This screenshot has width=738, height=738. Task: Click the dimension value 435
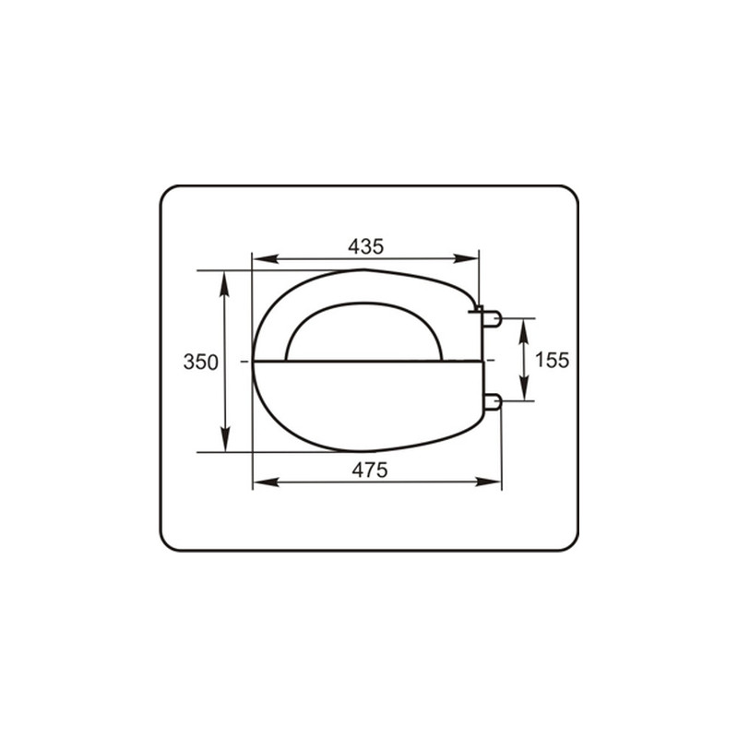point(365,246)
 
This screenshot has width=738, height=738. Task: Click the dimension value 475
point(370,470)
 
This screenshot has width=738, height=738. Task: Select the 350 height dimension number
point(200,362)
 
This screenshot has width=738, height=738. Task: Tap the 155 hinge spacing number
point(552,360)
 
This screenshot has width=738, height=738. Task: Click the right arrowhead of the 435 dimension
point(466,258)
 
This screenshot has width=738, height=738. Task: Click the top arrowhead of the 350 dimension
point(224,284)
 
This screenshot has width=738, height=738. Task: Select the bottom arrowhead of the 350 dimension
point(225,439)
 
